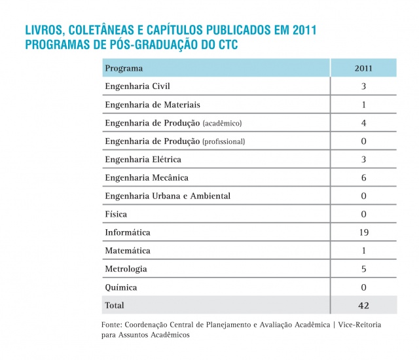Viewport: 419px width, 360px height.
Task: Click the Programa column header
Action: click(124, 68)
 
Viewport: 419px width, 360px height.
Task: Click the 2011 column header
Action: click(363, 68)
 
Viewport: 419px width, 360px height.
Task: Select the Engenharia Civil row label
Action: click(138, 86)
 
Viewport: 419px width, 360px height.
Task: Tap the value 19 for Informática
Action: click(363, 232)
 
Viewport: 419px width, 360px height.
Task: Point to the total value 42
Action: click(363, 306)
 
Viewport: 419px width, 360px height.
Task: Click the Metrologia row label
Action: click(126, 269)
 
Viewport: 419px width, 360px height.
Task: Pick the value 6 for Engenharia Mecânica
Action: click(363, 177)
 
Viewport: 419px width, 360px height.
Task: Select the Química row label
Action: click(121, 287)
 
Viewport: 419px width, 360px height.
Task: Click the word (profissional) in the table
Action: click(223, 141)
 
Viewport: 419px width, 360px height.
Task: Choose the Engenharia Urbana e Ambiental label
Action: click(168, 196)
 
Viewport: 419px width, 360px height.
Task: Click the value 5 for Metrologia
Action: click(363, 269)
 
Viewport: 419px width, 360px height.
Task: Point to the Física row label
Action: click(116, 214)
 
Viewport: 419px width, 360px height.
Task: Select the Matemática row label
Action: click(128, 251)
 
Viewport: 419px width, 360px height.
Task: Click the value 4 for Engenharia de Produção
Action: click(363, 123)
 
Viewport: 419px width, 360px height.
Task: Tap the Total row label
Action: click(115, 306)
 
